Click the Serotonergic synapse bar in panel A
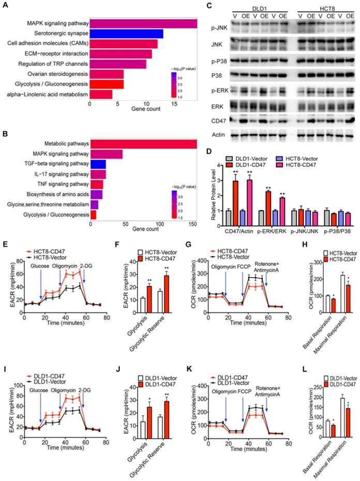[126, 34]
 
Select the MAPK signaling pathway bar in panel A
[143, 23]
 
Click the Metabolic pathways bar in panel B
[143, 143]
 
